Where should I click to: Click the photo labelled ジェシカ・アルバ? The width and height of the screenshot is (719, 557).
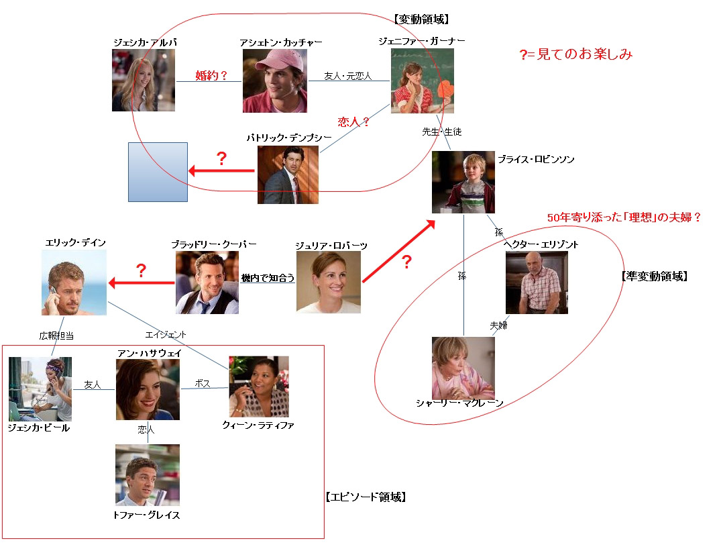[x=144, y=80]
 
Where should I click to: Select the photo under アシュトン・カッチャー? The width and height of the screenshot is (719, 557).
[x=274, y=81]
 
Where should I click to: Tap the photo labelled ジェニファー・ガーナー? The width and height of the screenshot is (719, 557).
[x=423, y=80]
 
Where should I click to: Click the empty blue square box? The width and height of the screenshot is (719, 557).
[x=158, y=172]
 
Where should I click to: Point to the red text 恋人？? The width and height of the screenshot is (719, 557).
[x=354, y=122]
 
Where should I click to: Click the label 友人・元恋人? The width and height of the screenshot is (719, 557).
[x=347, y=77]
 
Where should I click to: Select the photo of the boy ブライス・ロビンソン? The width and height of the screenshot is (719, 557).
[x=463, y=182]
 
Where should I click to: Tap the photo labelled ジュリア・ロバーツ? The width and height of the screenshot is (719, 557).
[x=328, y=282]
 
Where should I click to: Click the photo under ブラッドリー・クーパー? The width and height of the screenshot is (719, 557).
[x=207, y=283]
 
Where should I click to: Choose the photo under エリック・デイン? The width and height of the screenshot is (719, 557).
[x=74, y=282]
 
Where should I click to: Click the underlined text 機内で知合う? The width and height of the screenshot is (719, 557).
[x=268, y=278]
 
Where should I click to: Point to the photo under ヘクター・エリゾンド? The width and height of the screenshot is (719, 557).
[x=536, y=283]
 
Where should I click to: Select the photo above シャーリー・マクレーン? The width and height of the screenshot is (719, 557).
[x=463, y=368]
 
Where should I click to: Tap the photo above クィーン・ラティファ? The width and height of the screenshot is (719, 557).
[x=259, y=386]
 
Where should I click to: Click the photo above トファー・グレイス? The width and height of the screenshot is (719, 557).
[x=148, y=474]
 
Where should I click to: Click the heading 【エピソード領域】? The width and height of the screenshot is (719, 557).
[x=366, y=497]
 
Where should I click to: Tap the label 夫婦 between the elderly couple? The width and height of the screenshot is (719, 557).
[x=498, y=325]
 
